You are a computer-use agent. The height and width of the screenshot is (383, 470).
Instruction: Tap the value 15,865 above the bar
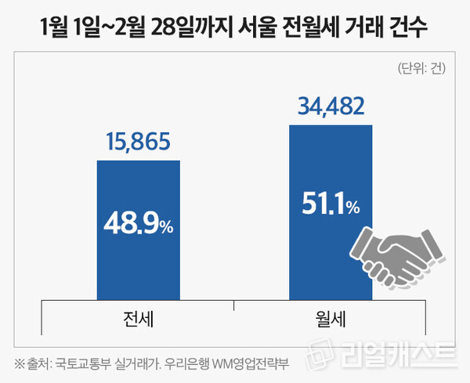click(139, 143)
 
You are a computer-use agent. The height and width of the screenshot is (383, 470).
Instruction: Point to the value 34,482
click(331, 105)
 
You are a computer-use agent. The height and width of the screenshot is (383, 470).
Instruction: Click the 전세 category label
click(138, 320)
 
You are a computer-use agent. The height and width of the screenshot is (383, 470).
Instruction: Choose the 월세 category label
click(330, 320)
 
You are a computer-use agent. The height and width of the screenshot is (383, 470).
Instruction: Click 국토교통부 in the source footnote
click(88, 363)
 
